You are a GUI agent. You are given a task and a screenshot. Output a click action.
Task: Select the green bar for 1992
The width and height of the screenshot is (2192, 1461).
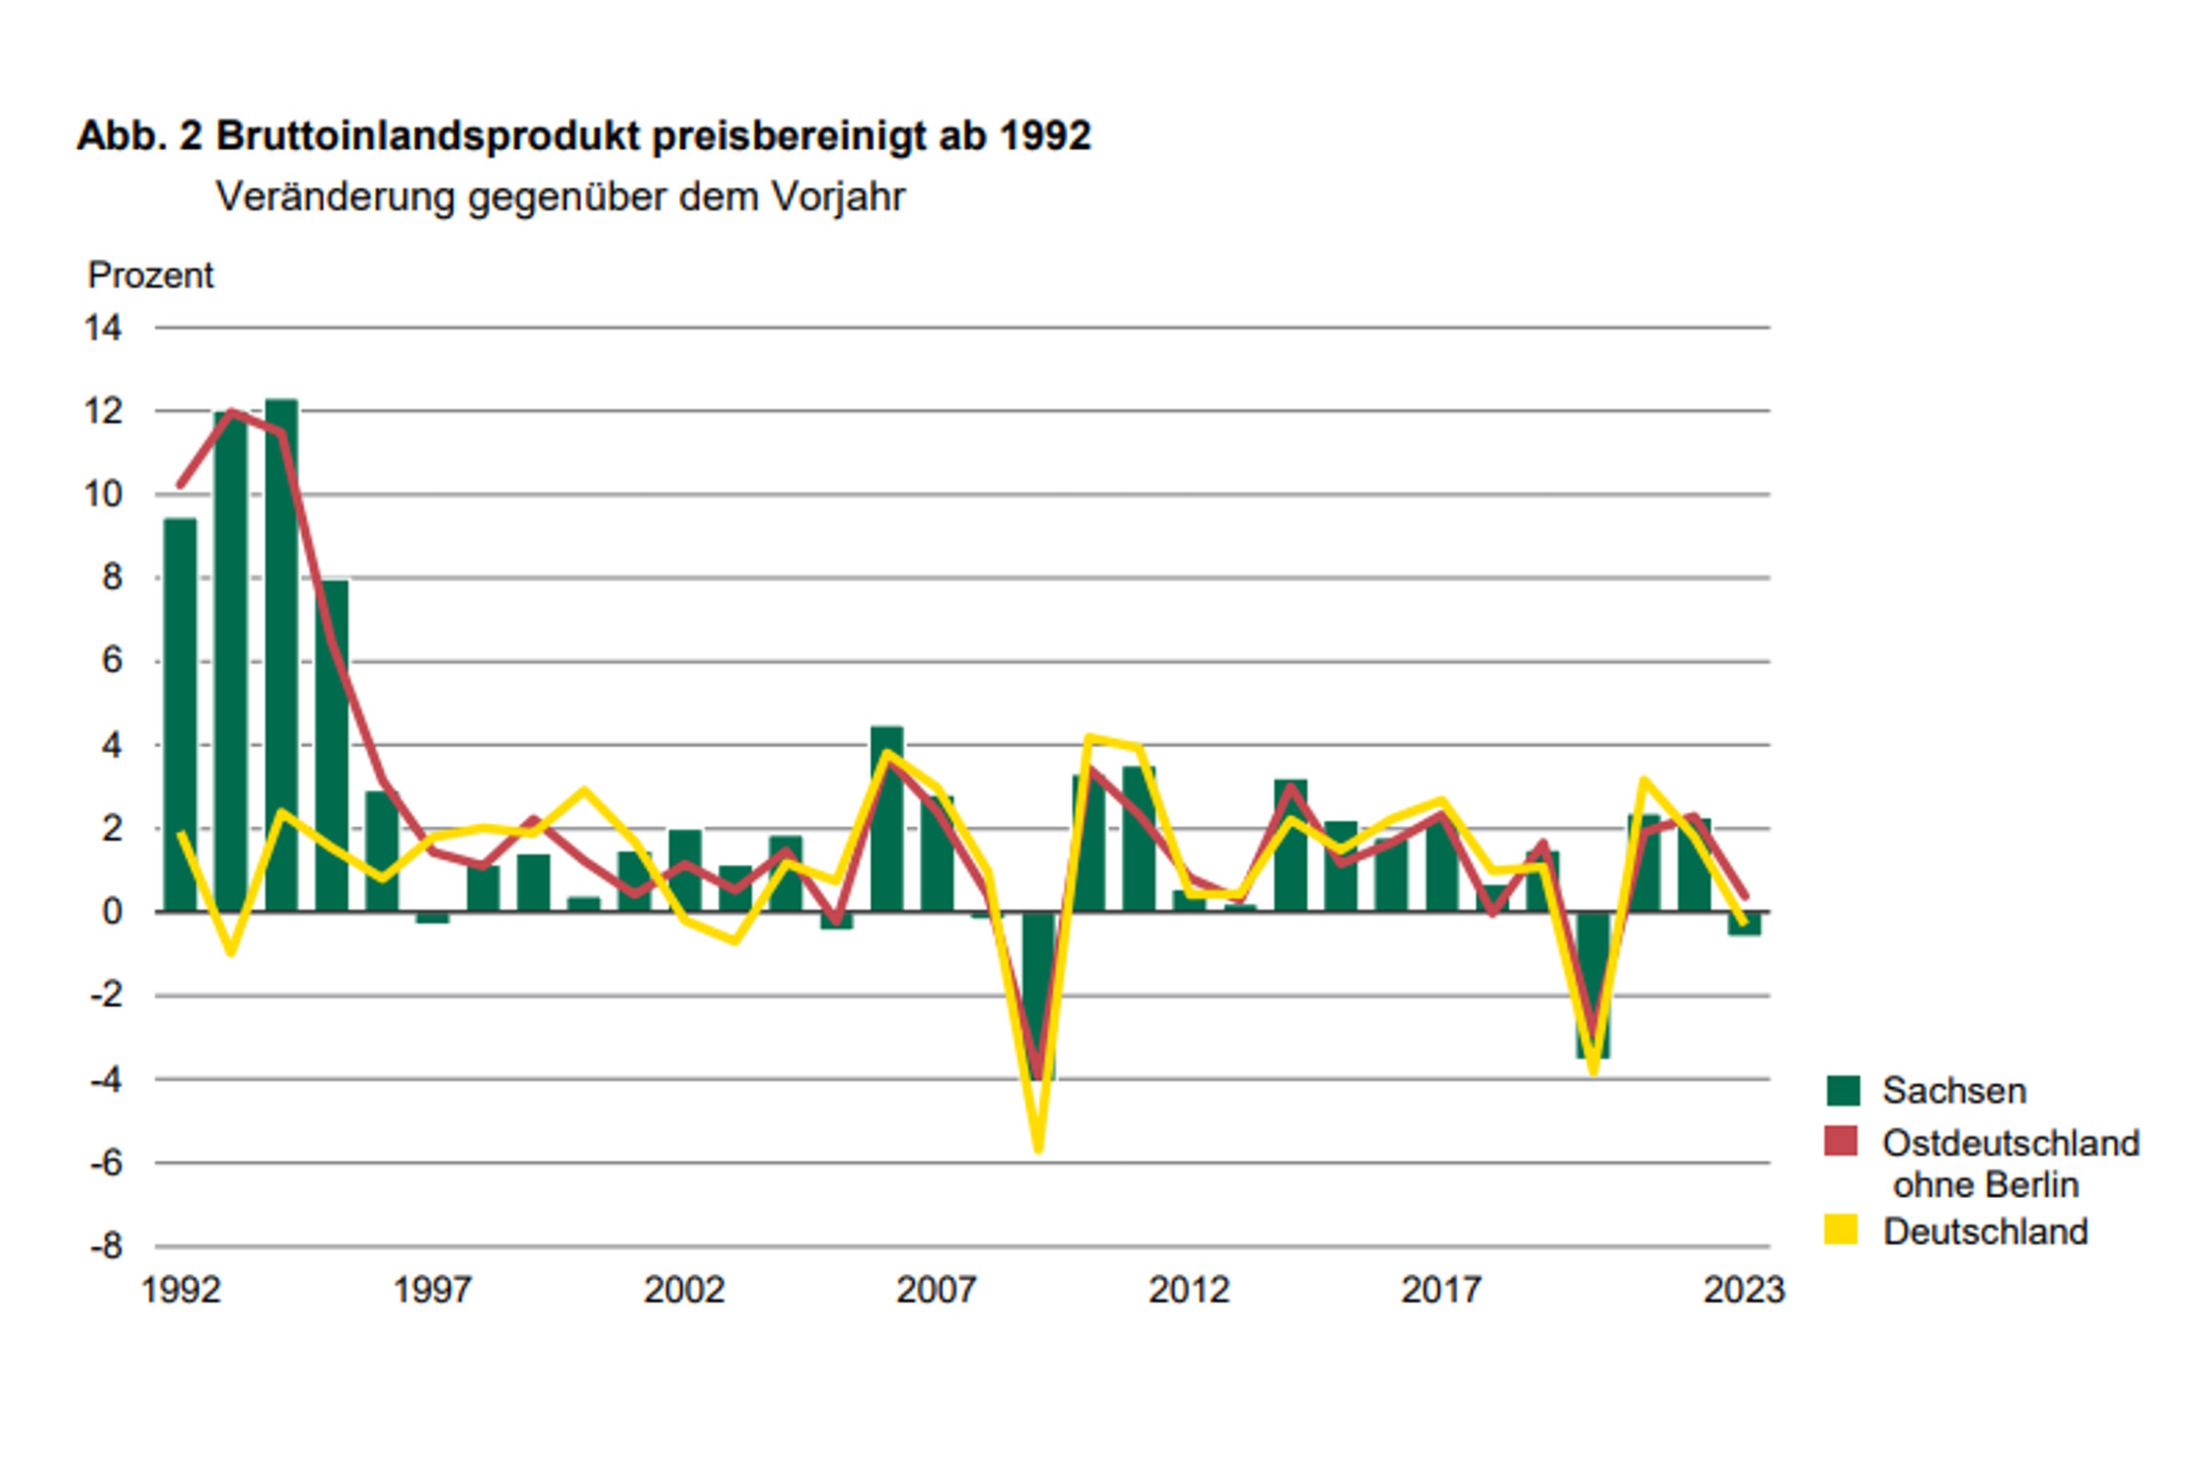pyautogui.click(x=180, y=715)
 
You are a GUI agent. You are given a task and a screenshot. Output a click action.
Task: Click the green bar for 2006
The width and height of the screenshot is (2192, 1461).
pyautogui.click(x=887, y=818)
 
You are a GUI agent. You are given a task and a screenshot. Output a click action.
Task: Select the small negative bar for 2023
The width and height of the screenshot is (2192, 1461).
pyautogui.click(x=1744, y=923)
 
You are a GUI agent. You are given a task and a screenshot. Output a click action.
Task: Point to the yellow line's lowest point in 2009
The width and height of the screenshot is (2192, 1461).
pyautogui.click(x=1039, y=1149)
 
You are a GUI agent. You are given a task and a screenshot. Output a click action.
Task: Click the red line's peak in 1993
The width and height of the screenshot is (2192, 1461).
pyautogui.click(x=232, y=412)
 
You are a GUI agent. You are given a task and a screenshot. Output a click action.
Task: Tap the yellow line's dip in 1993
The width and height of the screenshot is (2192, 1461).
pyautogui.click(x=231, y=952)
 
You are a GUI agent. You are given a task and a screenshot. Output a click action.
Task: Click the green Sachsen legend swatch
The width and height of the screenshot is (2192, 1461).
pyautogui.click(x=1842, y=1090)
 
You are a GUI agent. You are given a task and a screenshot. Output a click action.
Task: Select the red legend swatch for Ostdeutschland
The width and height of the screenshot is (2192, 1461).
pyautogui.click(x=1840, y=1142)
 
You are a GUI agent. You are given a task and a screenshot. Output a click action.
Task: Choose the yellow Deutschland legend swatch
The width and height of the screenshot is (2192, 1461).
pyautogui.click(x=1840, y=1230)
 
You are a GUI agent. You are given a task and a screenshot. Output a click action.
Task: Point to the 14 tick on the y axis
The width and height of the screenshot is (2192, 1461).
pyautogui.click(x=103, y=328)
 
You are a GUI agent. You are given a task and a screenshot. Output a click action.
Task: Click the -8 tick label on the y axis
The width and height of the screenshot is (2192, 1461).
pyautogui.click(x=106, y=1247)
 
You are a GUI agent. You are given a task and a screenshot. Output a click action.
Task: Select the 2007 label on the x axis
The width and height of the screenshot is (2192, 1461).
pyautogui.click(x=935, y=1290)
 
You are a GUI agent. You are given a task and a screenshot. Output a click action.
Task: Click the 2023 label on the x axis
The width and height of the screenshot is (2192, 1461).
pyautogui.click(x=1743, y=1290)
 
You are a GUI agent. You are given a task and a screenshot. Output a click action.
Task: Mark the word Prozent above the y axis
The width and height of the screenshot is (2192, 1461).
pyautogui.click(x=150, y=276)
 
